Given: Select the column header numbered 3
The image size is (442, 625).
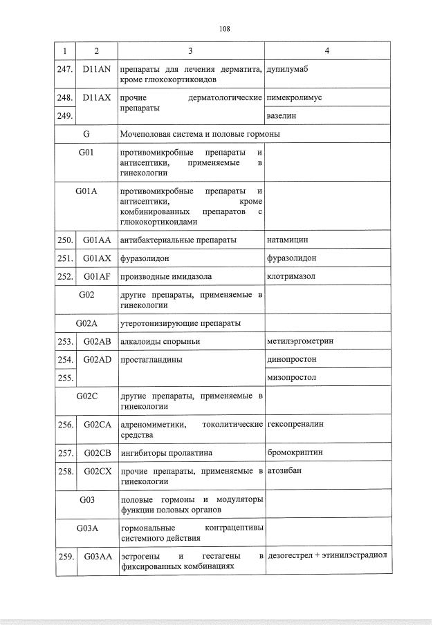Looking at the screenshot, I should (191, 51).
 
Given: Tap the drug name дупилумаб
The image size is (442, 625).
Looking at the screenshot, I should (287, 70).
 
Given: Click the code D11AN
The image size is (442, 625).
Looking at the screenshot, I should (96, 70).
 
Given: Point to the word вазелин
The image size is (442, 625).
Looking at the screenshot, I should (281, 116).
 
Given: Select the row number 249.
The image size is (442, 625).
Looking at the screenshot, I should (65, 116).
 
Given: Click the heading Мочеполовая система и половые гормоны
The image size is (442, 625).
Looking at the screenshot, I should (199, 134).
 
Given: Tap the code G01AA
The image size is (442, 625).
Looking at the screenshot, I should (97, 240).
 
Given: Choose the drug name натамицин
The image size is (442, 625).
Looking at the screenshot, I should (287, 240).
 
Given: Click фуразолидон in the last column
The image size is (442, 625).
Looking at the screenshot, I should (291, 258).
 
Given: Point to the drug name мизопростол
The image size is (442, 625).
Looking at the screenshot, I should (291, 378).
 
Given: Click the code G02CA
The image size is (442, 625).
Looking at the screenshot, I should (97, 424).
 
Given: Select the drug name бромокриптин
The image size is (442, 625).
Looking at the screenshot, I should (294, 453).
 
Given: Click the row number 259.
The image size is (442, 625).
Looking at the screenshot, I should (65, 556).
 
